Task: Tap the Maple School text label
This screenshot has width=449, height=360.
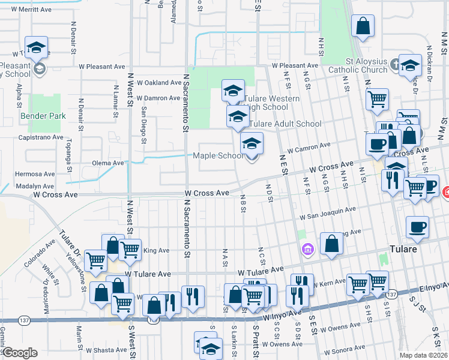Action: (218, 156)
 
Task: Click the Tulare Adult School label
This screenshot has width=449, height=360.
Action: (285, 124)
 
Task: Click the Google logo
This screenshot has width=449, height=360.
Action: (19, 353)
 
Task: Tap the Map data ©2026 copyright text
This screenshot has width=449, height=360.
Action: (423, 355)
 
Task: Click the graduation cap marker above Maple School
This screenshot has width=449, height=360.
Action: (252, 145)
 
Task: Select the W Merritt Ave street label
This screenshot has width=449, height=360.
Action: (26, 10)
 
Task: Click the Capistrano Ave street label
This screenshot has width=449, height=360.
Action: (42, 137)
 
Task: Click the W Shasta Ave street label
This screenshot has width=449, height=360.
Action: (106, 350)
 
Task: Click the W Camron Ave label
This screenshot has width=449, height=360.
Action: (309, 147)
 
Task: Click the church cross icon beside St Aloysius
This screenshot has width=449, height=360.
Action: (395, 63)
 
